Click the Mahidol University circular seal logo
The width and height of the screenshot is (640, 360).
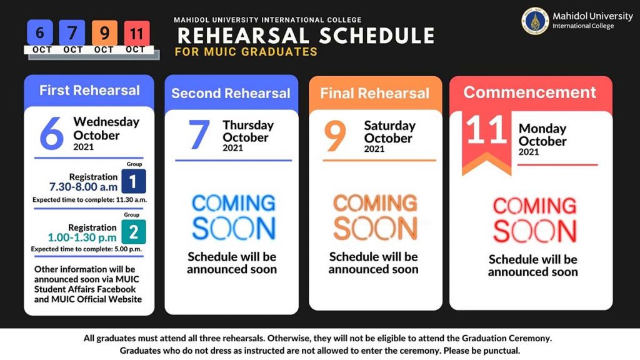[x=535, y=21]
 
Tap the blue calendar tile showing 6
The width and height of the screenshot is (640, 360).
[x=40, y=32]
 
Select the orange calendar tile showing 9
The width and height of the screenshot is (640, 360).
[x=104, y=32]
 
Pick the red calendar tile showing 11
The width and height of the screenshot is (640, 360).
[x=137, y=33]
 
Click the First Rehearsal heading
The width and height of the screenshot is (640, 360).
[x=89, y=90]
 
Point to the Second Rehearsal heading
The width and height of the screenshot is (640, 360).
[x=231, y=93]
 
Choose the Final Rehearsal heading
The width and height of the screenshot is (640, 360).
[x=375, y=93]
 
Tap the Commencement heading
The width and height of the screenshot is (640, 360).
[x=530, y=92]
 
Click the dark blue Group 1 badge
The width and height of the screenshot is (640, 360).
[x=134, y=181]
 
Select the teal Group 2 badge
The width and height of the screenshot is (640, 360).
[x=134, y=232]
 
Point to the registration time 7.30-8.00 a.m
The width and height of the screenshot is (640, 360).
[x=83, y=187]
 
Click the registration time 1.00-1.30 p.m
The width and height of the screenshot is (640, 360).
[x=82, y=237]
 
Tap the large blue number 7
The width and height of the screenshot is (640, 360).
[x=199, y=134]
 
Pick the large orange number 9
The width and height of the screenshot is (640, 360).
[x=335, y=136]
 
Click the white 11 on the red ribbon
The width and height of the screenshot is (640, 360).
[x=486, y=130]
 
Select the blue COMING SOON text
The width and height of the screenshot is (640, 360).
[x=234, y=216]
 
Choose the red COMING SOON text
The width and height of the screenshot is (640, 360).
[x=535, y=219]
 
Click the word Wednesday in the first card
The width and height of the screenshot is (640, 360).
[x=106, y=122]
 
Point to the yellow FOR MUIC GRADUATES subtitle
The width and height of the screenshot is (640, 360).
[x=246, y=52]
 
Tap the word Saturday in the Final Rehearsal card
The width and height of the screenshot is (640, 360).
[x=390, y=125]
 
